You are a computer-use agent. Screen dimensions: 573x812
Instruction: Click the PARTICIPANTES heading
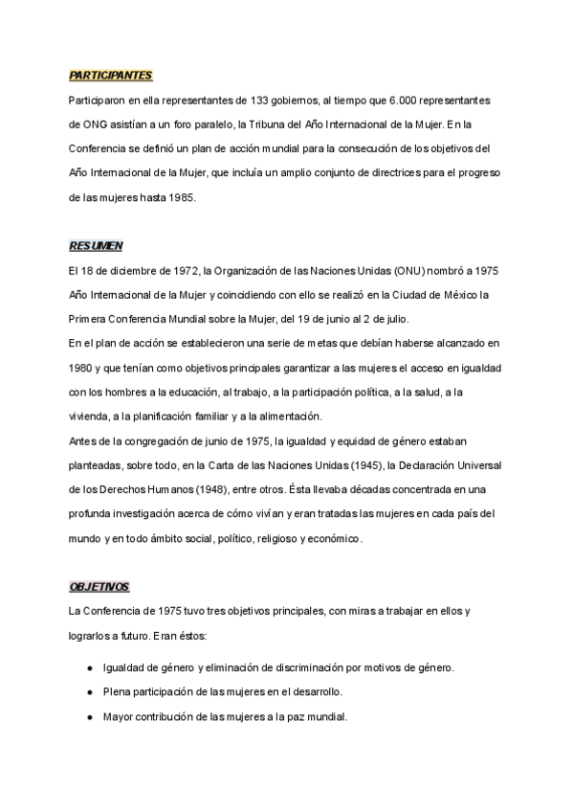(110, 76)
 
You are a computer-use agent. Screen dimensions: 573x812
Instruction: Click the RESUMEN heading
(96, 245)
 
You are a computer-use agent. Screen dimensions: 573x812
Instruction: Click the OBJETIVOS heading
(99, 587)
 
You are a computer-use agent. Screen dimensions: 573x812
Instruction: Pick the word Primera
(89, 319)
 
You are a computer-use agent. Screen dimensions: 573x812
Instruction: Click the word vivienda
(89, 417)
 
